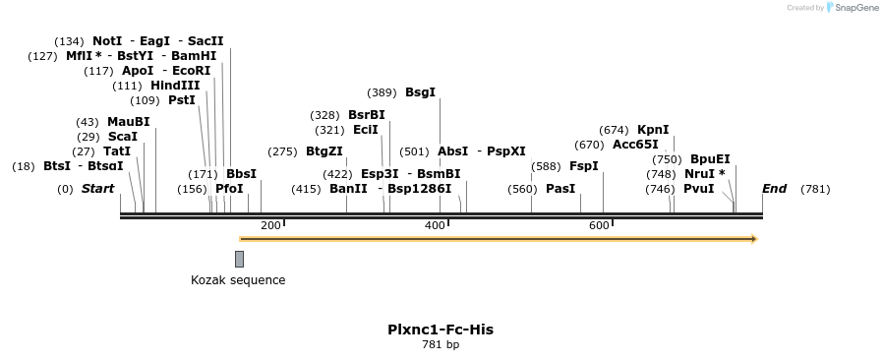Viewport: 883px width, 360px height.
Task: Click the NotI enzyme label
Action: point(107,41)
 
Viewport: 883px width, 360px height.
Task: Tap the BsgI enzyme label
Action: point(420,92)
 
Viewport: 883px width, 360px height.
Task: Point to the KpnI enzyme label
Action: point(653,130)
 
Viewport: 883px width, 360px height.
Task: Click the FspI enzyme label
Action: point(584,166)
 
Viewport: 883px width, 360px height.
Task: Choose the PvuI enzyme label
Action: point(698,189)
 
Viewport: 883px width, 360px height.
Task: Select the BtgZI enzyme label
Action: point(324,151)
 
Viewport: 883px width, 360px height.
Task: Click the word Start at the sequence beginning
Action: point(97,189)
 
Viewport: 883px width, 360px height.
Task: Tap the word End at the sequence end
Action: point(774,189)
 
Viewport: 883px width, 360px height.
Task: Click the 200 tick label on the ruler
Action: point(270,226)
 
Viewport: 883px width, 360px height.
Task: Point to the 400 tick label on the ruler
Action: point(435,226)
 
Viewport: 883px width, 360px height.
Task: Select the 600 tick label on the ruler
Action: point(599,226)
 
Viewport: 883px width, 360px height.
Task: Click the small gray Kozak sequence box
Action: point(239,259)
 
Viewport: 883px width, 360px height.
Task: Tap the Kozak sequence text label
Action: point(238,280)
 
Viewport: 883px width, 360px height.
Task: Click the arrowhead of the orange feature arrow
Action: point(753,238)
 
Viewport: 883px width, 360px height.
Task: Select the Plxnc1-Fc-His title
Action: point(441,330)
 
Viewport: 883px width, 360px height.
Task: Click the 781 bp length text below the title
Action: point(441,345)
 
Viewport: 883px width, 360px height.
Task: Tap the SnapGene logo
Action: point(853,8)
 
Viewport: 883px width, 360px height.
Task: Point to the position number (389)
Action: point(382,92)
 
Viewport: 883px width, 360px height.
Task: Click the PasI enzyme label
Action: point(560,189)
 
